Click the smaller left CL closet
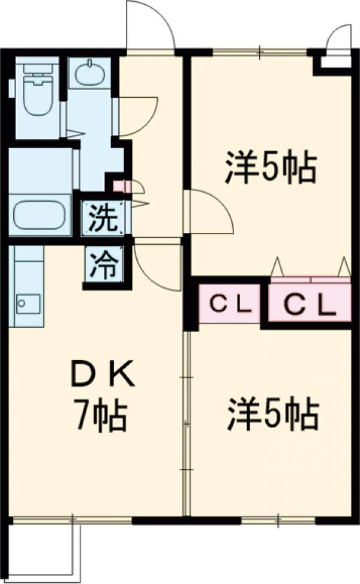(x=229, y=305)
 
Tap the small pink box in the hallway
(x=118, y=187)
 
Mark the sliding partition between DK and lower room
(x=187, y=420)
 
